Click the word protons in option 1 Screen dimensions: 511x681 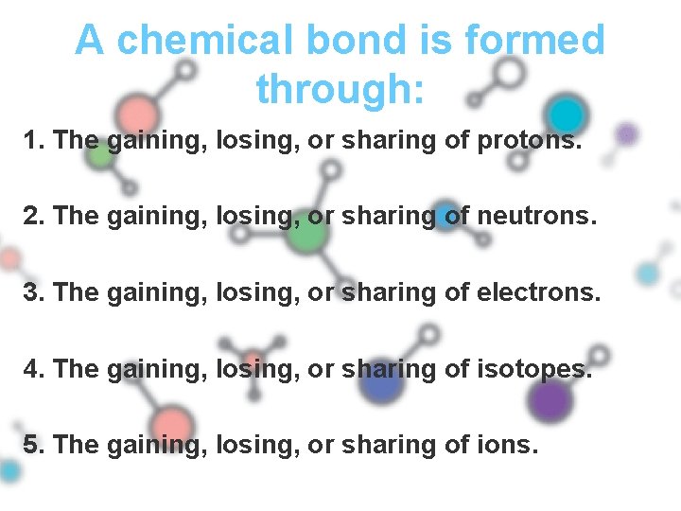(x=528, y=142)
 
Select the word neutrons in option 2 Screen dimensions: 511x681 (x=537, y=218)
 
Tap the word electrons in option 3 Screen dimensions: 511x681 (x=538, y=293)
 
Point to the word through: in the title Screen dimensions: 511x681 (x=340, y=89)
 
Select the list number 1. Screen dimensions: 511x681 (x=33, y=142)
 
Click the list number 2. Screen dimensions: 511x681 (x=33, y=218)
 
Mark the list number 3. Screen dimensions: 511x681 (x=33, y=293)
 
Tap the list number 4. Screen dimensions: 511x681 (x=33, y=369)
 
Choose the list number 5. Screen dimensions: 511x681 (x=33, y=444)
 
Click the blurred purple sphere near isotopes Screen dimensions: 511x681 (x=550, y=400)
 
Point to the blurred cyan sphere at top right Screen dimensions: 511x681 (x=567, y=115)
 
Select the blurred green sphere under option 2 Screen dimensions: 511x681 (x=306, y=235)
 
